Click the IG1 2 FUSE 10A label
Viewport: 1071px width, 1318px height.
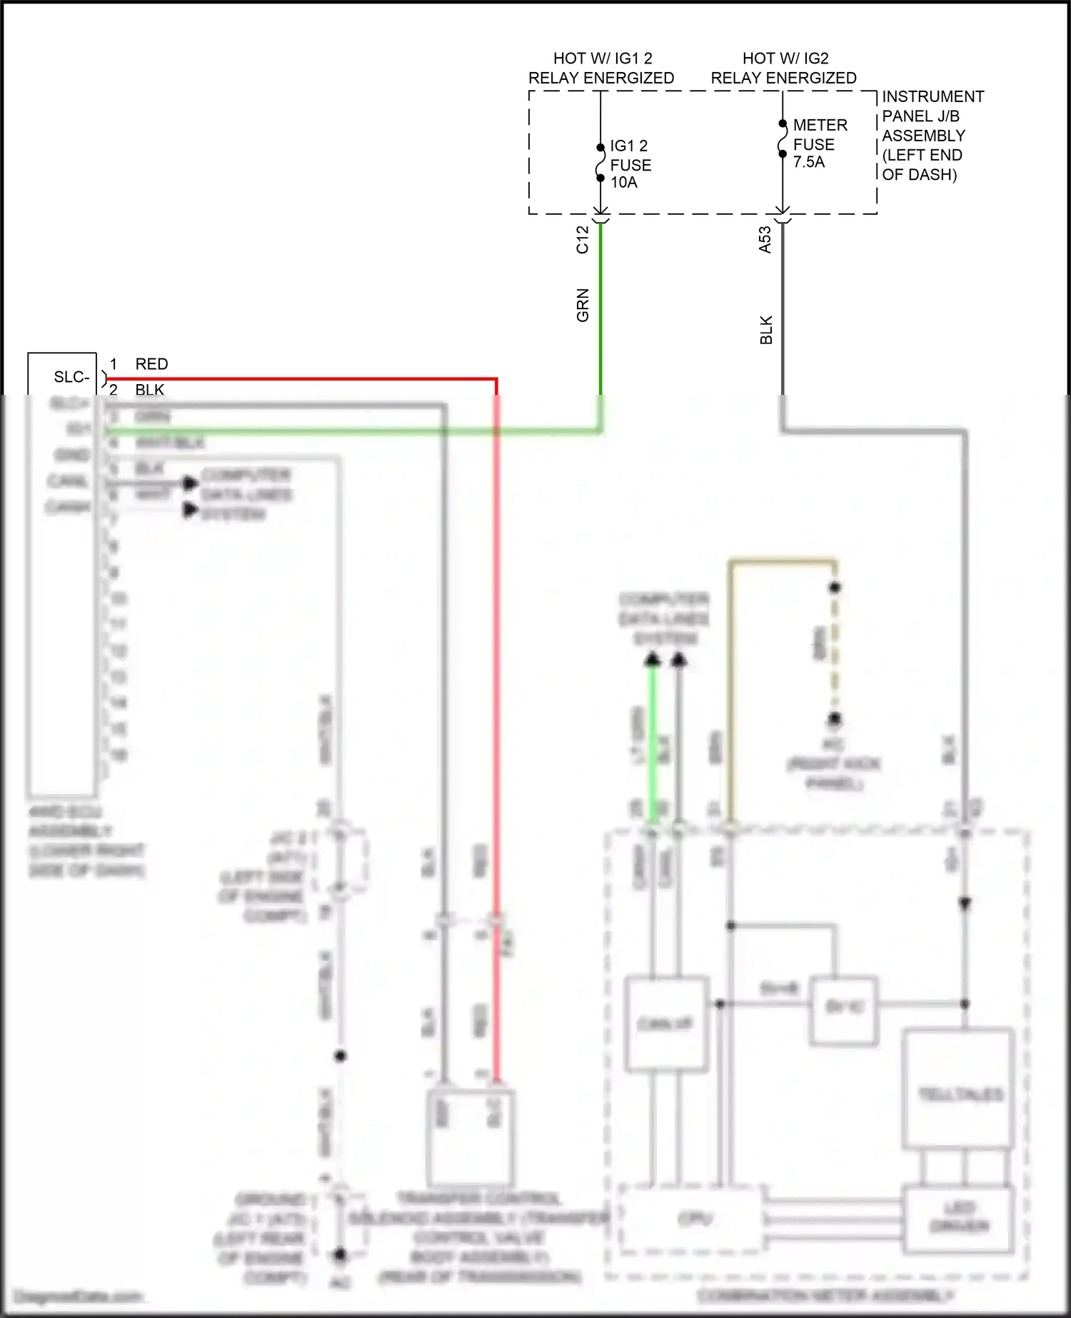(x=630, y=164)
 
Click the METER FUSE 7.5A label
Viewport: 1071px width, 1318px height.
(x=819, y=144)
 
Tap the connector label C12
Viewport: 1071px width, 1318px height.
(x=583, y=240)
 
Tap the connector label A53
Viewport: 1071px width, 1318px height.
(x=765, y=240)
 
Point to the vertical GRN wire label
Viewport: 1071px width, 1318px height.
(x=583, y=305)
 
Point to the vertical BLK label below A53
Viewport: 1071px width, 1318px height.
(x=766, y=330)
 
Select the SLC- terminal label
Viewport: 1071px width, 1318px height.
(x=71, y=377)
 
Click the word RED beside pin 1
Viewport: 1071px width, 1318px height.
(x=151, y=364)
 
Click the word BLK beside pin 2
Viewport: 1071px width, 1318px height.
(x=150, y=390)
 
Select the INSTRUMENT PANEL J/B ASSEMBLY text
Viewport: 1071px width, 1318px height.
(x=932, y=135)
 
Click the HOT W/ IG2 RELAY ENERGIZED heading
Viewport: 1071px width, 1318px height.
(x=783, y=68)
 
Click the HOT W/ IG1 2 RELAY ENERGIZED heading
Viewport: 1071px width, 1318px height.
(x=601, y=68)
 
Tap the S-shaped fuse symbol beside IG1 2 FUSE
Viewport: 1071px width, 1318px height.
(x=600, y=163)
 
